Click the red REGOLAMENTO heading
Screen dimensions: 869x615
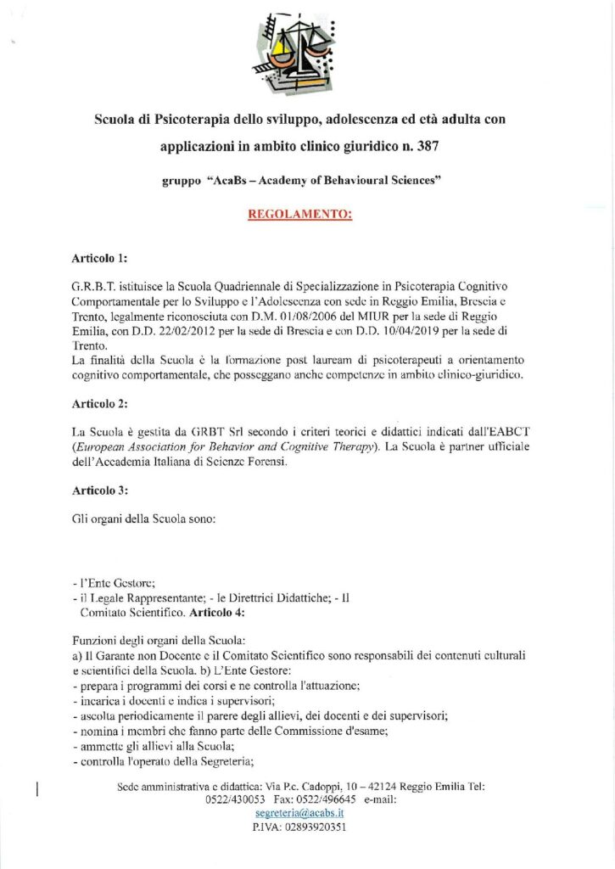click(299, 215)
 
